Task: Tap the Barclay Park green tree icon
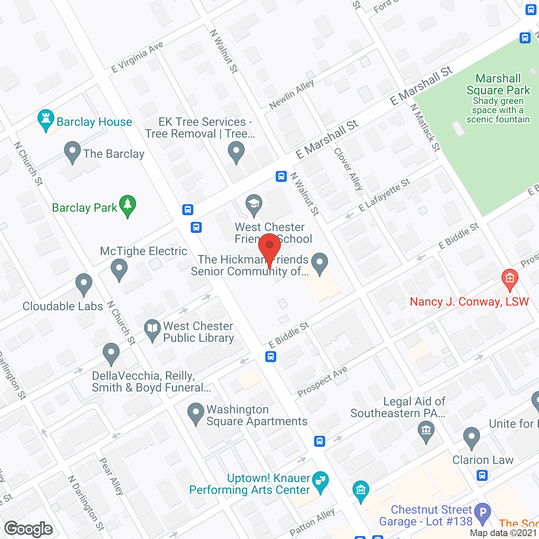127,206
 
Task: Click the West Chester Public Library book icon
152,330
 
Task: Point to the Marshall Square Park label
498,84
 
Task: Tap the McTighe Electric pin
119,269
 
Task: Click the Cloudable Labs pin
84,284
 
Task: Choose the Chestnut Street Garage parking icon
482,513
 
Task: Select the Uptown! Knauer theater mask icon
320,481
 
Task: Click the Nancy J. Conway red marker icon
510,279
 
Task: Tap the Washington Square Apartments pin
195,414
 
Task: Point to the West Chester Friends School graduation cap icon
253,205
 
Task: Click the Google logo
29,529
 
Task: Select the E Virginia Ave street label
137,57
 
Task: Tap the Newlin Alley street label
291,94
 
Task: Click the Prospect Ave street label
322,381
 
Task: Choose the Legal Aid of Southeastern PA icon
426,432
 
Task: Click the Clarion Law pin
471,438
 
